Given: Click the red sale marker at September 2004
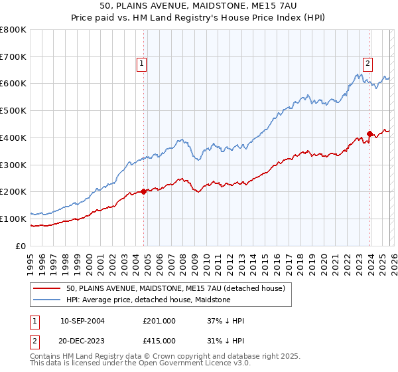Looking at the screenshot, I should pos(144,191).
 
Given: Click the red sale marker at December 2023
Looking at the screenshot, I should pos(369,134).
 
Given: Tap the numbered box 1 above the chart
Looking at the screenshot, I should pos(141,64).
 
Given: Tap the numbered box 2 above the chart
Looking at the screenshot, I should pos(367,64).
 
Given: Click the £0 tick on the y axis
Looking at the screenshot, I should pos(21,246).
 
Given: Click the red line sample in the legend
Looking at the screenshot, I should pos(46,288).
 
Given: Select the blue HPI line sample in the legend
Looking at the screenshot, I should pos(46,300).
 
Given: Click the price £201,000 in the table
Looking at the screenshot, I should pos(159,321).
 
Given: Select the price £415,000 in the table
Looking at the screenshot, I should pos(159,341).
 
